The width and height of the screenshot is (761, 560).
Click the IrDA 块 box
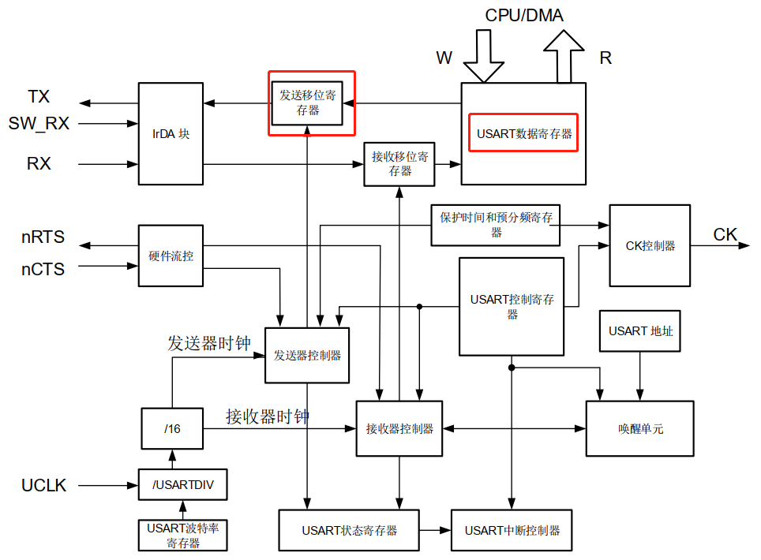click(x=171, y=134)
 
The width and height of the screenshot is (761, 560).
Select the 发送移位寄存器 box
click(x=308, y=103)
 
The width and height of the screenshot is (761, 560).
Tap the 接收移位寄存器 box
click(x=399, y=164)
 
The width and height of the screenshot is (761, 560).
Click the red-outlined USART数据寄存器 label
click(x=524, y=134)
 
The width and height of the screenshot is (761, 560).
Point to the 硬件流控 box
click(x=171, y=256)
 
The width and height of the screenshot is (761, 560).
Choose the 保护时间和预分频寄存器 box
click(x=496, y=224)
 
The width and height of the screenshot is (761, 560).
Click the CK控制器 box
click(x=650, y=245)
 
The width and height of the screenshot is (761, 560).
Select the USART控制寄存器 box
click(x=512, y=306)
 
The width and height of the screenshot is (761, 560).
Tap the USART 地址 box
click(x=640, y=330)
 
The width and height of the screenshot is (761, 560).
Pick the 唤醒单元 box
click(x=639, y=428)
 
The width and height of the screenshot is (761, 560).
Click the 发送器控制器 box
click(x=307, y=355)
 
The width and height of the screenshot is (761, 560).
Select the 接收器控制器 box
click(x=399, y=428)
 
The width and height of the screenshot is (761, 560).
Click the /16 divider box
click(x=171, y=428)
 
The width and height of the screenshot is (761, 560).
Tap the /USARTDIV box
click(x=182, y=484)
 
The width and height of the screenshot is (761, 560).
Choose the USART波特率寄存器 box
click(x=182, y=535)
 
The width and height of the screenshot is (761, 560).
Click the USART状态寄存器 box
click(x=349, y=530)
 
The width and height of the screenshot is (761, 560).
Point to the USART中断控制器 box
click(x=512, y=530)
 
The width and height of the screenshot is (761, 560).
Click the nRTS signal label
click(x=43, y=237)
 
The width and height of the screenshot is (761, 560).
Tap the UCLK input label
click(x=44, y=485)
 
